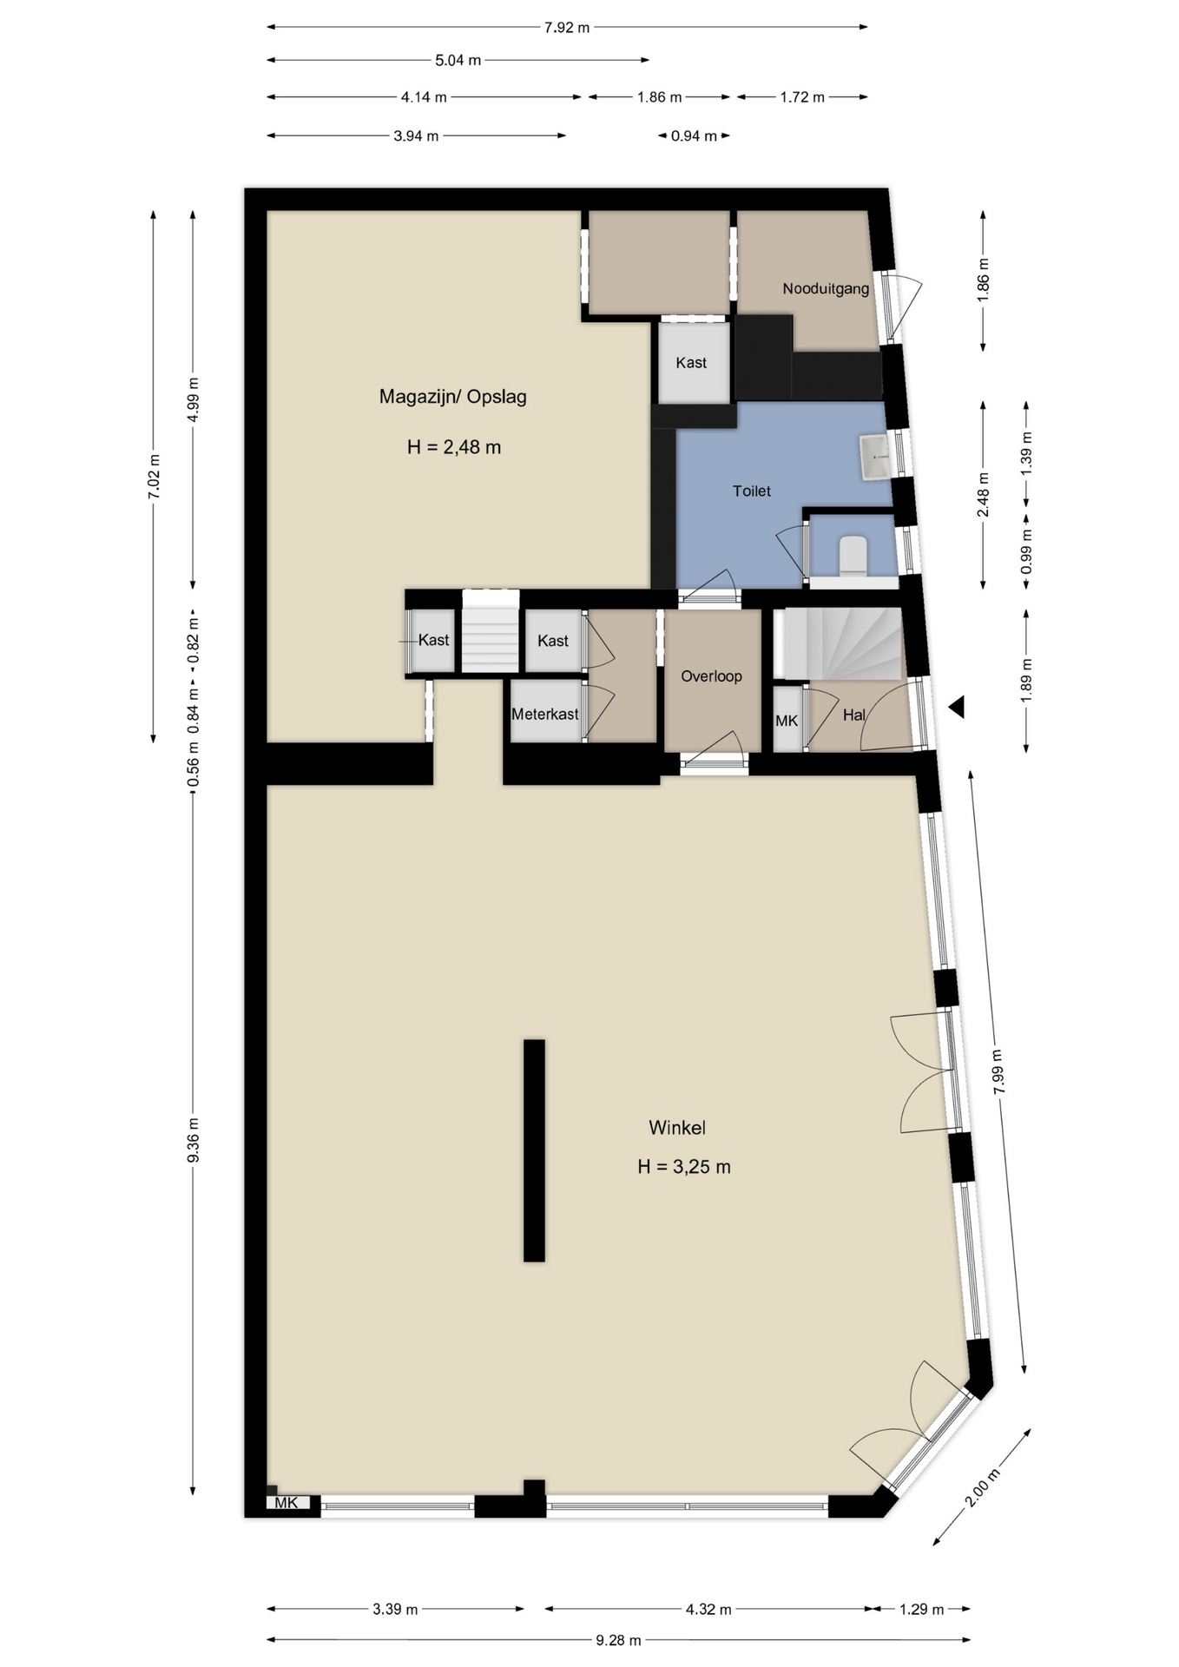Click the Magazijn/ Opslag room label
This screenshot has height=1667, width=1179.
coord(452,397)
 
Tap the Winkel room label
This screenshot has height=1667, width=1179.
coord(677,1128)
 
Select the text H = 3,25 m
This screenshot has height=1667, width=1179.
coord(684,1167)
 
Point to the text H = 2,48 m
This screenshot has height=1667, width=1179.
coord(454,447)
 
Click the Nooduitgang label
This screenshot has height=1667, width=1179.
coord(826,289)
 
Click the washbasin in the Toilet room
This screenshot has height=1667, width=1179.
coord(874,457)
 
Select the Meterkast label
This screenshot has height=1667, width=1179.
coord(544,715)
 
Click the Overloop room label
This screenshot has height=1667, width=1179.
coord(711,676)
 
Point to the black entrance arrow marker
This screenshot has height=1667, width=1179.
coord(958,708)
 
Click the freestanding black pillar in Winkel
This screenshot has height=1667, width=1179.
coord(534,1150)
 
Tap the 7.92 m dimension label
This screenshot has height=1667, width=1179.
coord(567,28)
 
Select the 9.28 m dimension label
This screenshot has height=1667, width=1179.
coord(618,1640)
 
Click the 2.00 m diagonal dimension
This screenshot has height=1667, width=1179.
coord(978,1488)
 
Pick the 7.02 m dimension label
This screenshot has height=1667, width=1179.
coord(154,477)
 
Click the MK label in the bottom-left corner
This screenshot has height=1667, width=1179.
coord(287,1503)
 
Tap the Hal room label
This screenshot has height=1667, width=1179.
coord(853,715)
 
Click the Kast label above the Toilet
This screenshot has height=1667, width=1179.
coord(691,363)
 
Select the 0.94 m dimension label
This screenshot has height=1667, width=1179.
coord(694,136)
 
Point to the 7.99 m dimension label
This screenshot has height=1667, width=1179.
coord(997,1072)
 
